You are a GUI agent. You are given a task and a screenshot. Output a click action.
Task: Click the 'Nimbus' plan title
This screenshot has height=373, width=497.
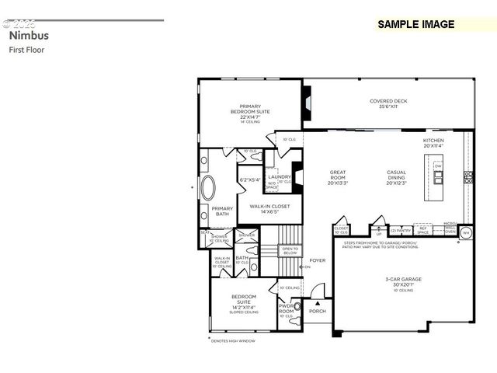click(x=29, y=36)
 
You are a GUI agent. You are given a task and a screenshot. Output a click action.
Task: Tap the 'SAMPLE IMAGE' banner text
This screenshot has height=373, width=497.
click(x=415, y=24)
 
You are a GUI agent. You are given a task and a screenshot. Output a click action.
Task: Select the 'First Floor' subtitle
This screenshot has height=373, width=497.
click(x=27, y=50)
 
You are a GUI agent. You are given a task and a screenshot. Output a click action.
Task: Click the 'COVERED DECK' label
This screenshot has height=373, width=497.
click(x=388, y=103)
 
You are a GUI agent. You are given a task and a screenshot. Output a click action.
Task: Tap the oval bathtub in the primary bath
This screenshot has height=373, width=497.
click(x=210, y=189)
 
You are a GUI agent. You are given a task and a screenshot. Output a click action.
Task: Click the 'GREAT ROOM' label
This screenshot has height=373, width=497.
click(x=338, y=178)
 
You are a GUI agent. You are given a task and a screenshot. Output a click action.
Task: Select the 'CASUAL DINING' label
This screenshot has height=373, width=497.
click(x=397, y=178)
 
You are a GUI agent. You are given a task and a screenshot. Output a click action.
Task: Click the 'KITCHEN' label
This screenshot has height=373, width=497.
click(x=433, y=142)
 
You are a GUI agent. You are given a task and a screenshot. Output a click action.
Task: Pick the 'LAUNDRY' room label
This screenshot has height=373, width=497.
click(x=280, y=176)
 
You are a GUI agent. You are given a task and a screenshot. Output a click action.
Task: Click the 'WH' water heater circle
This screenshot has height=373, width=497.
click(x=466, y=232)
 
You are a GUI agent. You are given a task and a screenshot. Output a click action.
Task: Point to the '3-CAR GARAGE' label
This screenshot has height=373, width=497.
click(x=402, y=281)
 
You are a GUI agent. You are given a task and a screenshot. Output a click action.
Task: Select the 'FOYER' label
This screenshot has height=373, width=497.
click(x=318, y=260)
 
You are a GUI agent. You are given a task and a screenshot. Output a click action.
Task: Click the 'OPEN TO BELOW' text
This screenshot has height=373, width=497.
click(x=290, y=251)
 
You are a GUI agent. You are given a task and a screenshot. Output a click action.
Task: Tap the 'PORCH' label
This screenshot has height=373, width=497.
click(x=318, y=312)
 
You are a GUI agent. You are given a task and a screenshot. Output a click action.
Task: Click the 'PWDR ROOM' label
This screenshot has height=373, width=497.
click(x=285, y=309)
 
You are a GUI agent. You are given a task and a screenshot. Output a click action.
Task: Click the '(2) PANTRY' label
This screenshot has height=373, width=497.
click(x=400, y=231)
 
